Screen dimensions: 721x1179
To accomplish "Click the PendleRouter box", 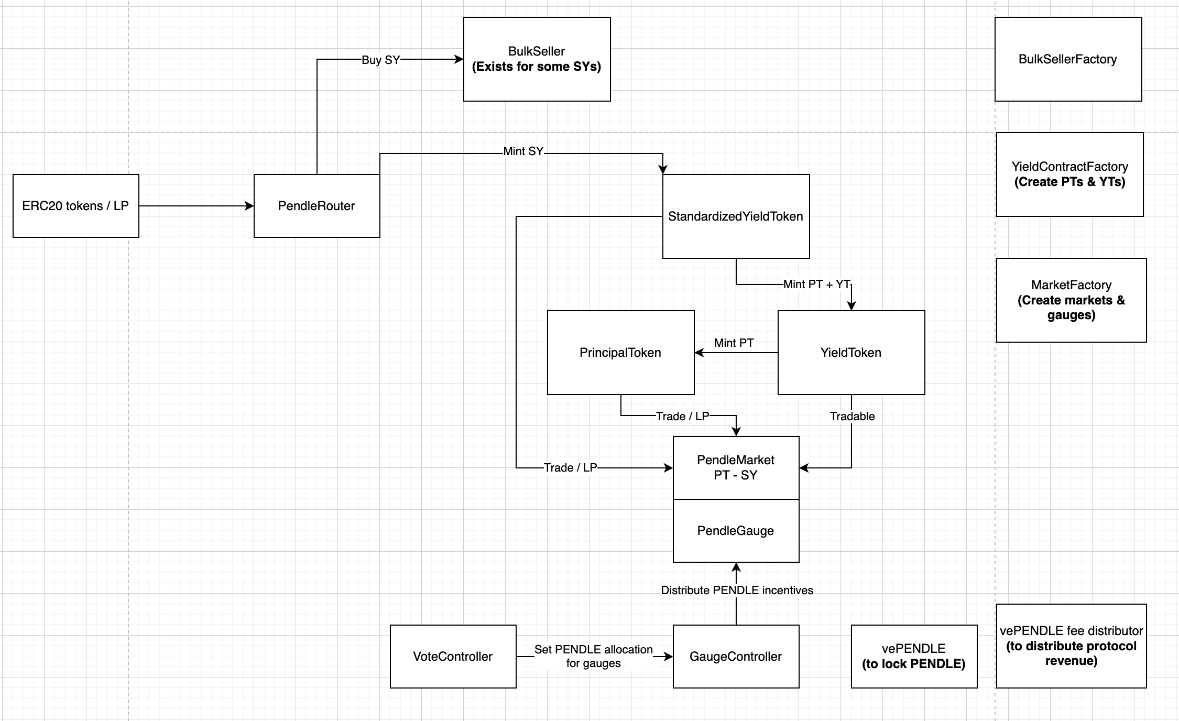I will click(x=316, y=206).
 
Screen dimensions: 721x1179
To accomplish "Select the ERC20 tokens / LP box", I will click(x=75, y=206).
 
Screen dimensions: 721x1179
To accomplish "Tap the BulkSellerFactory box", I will click(x=1068, y=59).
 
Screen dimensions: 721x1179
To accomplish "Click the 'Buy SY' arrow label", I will click(x=381, y=60).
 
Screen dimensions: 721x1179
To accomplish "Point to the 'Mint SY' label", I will click(x=523, y=151).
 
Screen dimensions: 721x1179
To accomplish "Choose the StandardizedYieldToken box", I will click(x=736, y=216).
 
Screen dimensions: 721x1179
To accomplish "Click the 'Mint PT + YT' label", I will click(x=816, y=285).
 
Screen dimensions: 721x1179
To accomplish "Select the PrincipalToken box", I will click(x=620, y=353).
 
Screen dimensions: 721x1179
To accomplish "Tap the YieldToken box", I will click(x=851, y=353).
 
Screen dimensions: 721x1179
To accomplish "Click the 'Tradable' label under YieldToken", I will click(x=852, y=417).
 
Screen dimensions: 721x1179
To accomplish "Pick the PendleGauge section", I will click(x=736, y=531).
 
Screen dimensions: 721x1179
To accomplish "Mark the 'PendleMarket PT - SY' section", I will click(x=736, y=467).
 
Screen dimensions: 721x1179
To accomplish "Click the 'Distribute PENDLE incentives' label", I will click(x=737, y=591).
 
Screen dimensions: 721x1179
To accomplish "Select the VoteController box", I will click(x=453, y=657).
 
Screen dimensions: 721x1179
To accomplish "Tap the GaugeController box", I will click(x=736, y=657).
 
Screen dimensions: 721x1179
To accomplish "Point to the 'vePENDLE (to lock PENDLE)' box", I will click(x=914, y=657).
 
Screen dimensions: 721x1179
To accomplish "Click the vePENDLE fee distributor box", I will click(x=1071, y=646).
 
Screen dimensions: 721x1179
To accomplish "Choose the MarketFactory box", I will click(x=1071, y=300).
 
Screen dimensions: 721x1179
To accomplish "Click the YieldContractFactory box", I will click(x=1069, y=174).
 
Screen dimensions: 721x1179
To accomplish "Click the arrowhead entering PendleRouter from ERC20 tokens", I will click(x=249, y=206).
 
